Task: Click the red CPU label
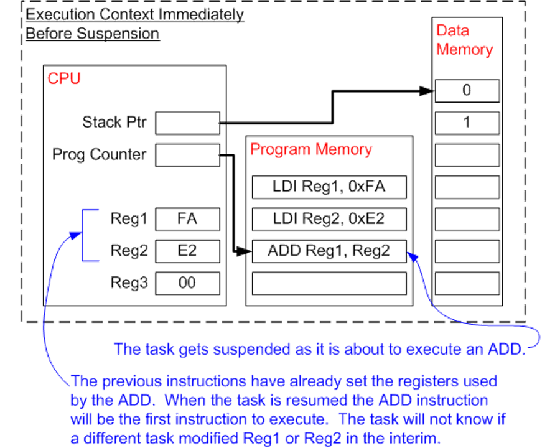point(64,79)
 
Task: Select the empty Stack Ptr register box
point(187,123)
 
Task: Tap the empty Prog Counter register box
point(187,155)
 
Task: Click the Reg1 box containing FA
point(187,219)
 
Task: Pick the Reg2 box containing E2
point(187,251)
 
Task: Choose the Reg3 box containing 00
point(187,283)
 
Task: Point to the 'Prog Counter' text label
point(100,154)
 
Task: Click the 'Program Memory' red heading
point(311,149)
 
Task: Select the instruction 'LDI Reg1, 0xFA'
point(329,187)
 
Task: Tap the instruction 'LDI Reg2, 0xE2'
point(329,219)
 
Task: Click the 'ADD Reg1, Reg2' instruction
point(329,251)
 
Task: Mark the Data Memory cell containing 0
point(467,91)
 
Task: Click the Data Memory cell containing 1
point(467,123)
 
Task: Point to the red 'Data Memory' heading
point(464,40)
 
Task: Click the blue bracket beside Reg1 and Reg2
point(83,235)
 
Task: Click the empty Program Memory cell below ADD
point(329,284)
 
